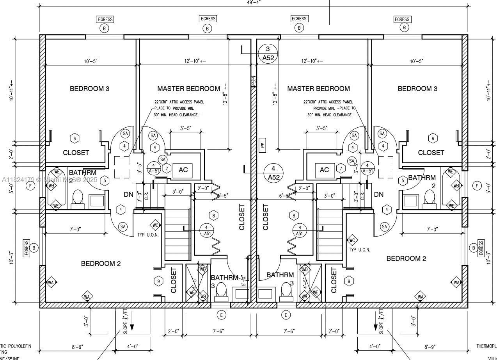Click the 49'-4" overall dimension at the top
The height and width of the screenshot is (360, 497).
pyautogui.click(x=254, y=2)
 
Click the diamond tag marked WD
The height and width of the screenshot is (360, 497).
pyautogui.click(x=305, y=269)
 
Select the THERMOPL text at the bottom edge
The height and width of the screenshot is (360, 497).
pyautogui.click(x=486, y=346)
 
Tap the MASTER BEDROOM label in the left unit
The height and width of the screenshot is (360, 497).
pyautogui.click(x=188, y=89)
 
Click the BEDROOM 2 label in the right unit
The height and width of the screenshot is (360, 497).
pyautogui.click(x=406, y=258)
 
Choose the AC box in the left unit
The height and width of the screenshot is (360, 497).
pyautogui.click(x=183, y=170)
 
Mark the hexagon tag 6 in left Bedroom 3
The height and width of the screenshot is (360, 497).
pyautogui.click(x=75, y=138)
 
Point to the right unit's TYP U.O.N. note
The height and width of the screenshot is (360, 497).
pyautogui.click(x=359, y=250)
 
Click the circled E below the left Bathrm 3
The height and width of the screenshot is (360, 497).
pyautogui.click(x=221, y=315)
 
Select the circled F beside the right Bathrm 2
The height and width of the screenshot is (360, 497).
pyautogui.click(x=477, y=186)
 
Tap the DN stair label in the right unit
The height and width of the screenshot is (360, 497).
pyautogui.click(x=378, y=194)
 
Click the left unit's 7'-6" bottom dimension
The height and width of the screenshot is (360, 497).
pyautogui.click(x=218, y=331)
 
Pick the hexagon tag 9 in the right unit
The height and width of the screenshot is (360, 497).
pyautogui.click(x=349, y=281)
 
